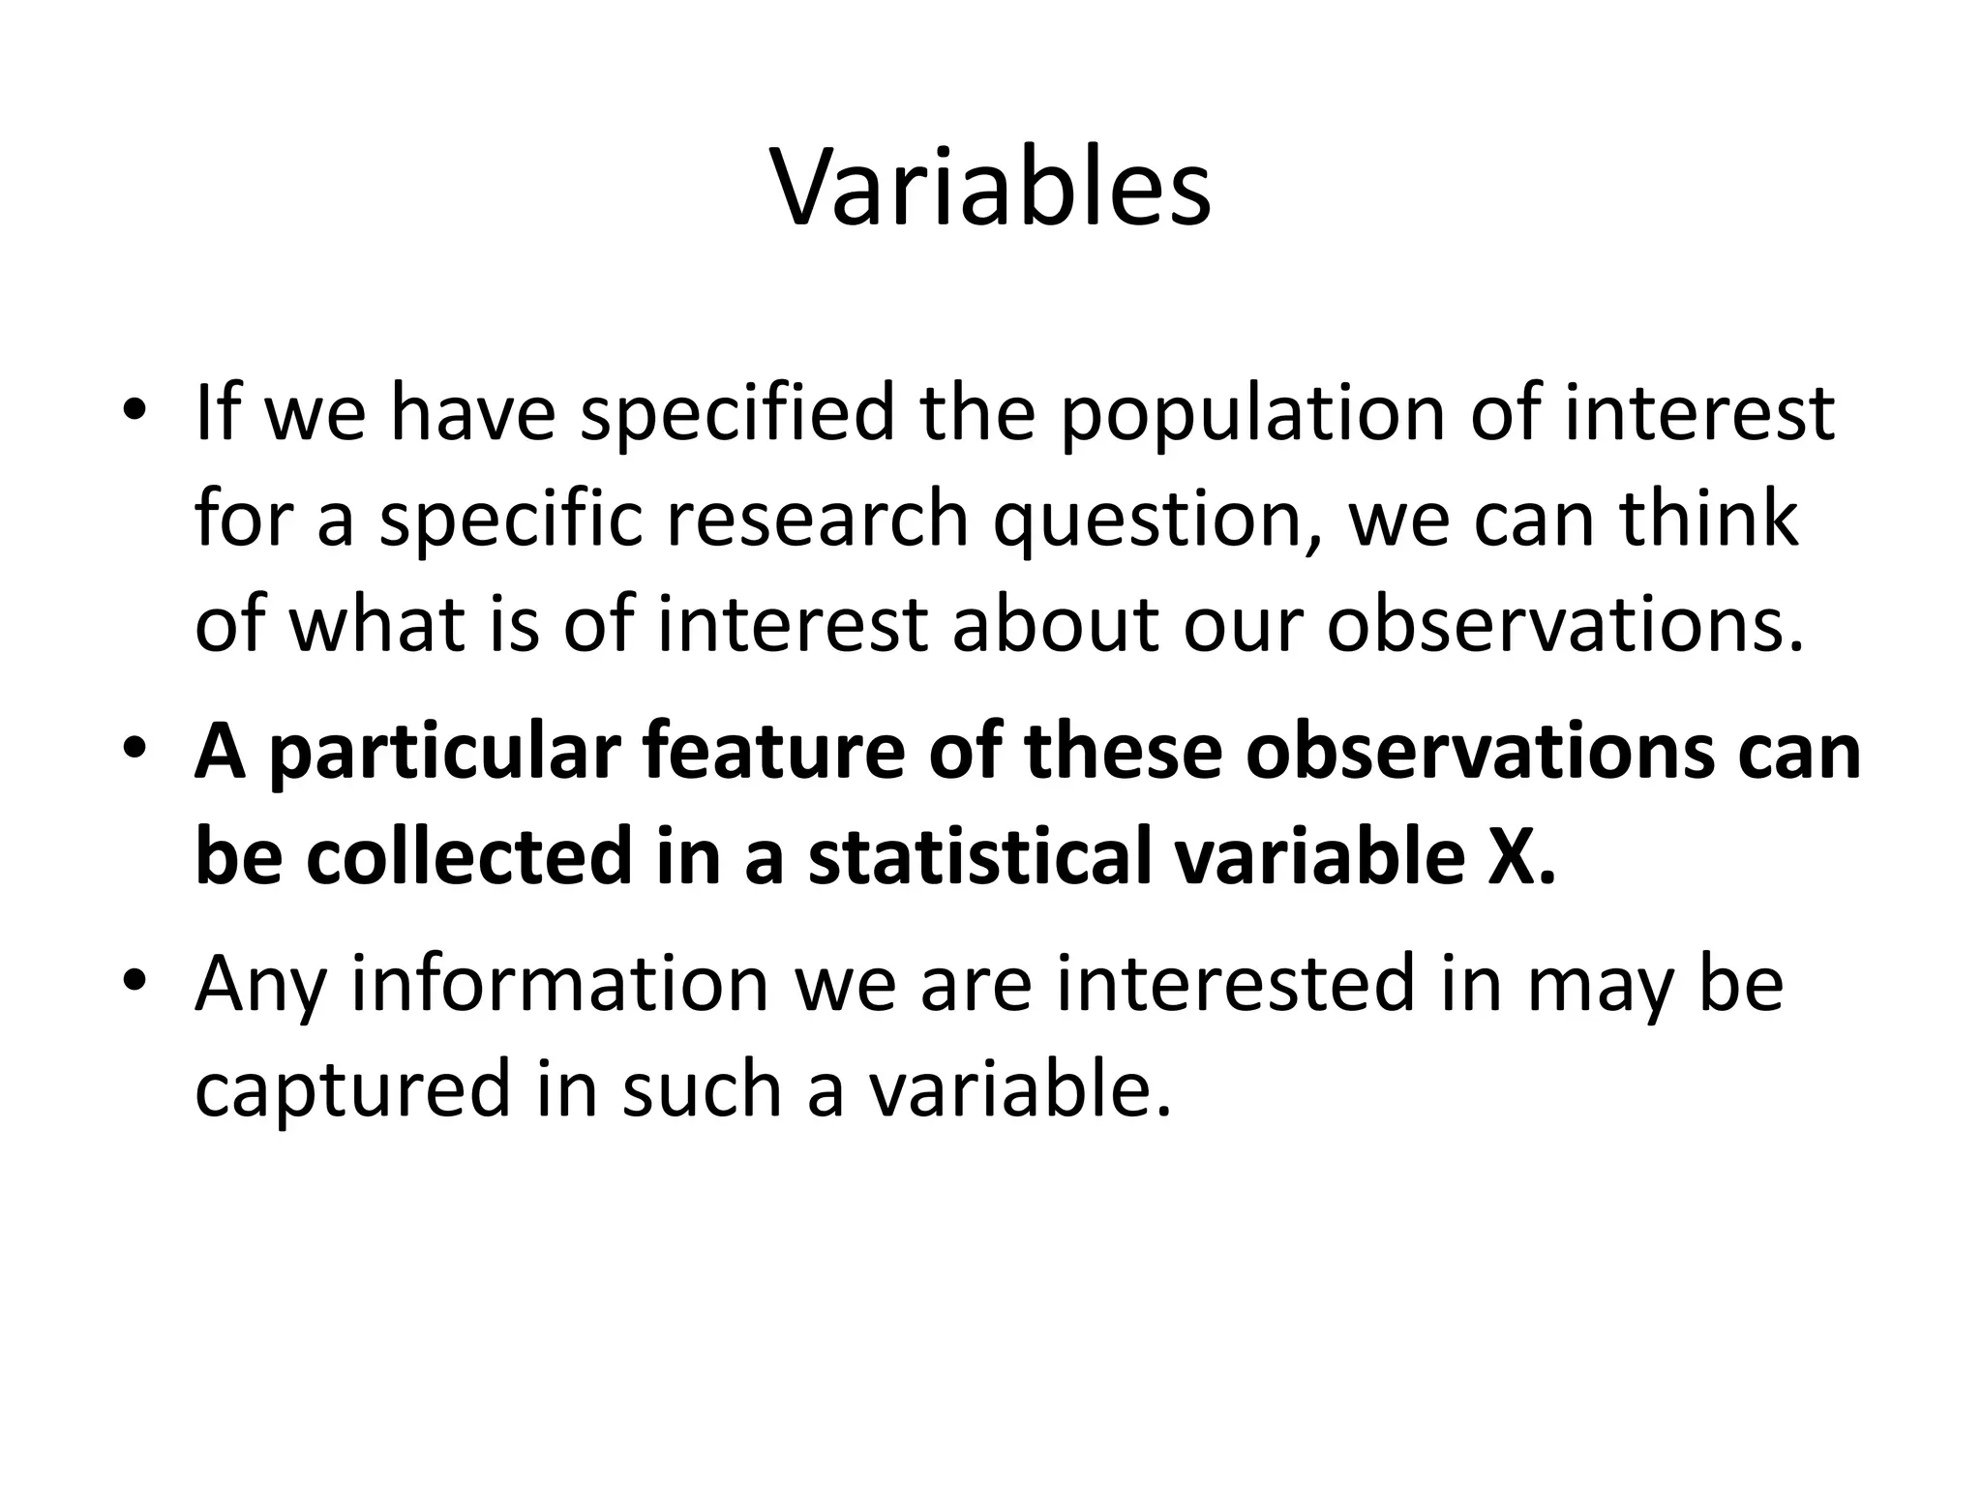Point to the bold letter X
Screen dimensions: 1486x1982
(1515, 858)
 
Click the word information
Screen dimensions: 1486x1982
(560, 984)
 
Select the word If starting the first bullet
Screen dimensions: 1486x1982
(219, 414)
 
